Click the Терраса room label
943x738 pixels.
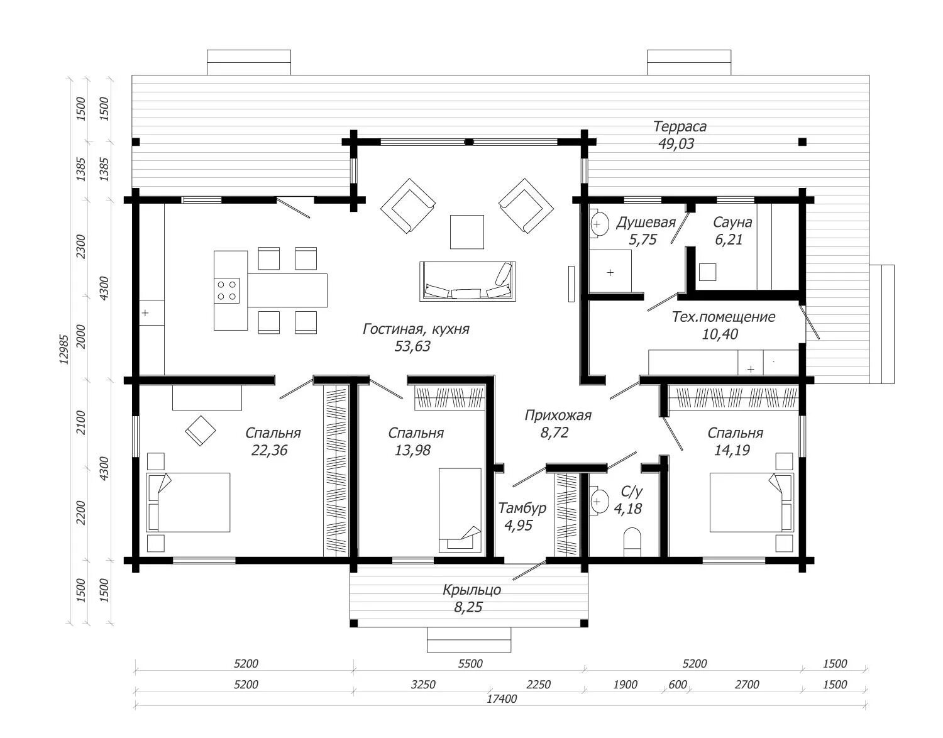680,127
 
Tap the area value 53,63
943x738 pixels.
412,346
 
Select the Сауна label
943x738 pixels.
732,223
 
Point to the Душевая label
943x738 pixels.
646,223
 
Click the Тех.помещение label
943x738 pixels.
724,317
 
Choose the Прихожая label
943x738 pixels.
558,416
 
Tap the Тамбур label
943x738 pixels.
522,508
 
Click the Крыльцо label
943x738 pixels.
472,590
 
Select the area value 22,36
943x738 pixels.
269,450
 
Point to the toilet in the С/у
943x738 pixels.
632,542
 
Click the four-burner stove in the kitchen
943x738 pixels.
226,290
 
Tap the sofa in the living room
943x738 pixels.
467,281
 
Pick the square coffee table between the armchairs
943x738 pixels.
467,232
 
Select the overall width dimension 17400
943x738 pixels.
502,699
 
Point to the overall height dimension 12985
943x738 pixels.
64,349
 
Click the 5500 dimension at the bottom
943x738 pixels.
470,663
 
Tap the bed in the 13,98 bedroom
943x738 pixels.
460,510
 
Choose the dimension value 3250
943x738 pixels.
423,685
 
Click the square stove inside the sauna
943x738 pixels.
707,272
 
